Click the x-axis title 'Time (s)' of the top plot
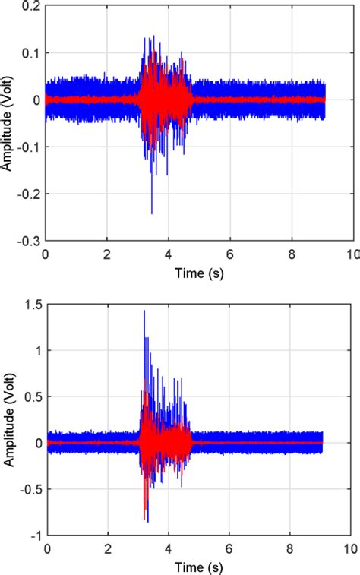click(x=199, y=271)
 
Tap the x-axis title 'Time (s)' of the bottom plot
click(x=199, y=565)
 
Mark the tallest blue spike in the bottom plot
click(x=144, y=311)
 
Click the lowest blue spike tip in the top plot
click(x=152, y=213)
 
